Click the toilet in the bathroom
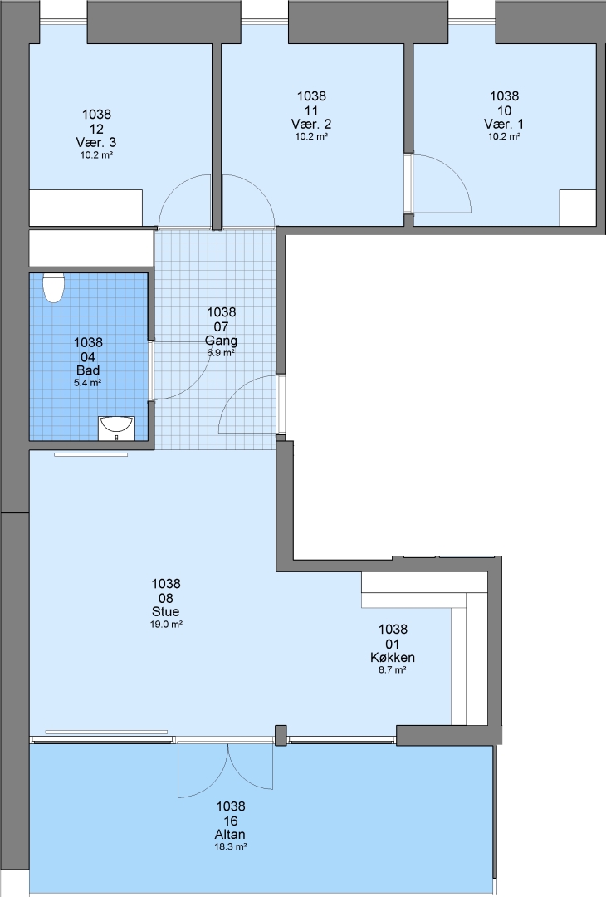pyautogui.click(x=54, y=287)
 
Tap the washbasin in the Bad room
pyautogui.click(x=116, y=427)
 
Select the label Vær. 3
pyautogui.click(x=96, y=142)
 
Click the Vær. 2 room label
pyautogui.click(x=311, y=124)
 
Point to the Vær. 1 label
pyautogui.click(x=504, y=124)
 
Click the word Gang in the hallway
pyautogui.click(x=222, y=341)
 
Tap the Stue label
pyautogui.click(x=166, y=611)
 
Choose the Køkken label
pyautogui.click(x=392, y=657)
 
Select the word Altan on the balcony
pyautogui.click(x=231, y=834)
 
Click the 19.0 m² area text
pyautogui.click(x=166, y=624)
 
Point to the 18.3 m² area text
pyautogui.click(x=231, y=846)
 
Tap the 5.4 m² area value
pyautogui.click(x=87, y=383)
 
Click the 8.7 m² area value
pyautogui.click(x=392, y=670)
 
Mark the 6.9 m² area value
pyautogui.click(x=222, y=353)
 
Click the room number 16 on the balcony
pyautogui.click(x=231, y=821)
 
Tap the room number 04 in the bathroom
pyautogui.click(x=88, y=357)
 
